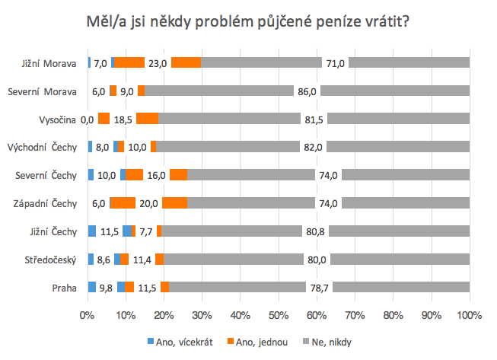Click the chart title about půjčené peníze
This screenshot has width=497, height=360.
(x=248, y=22)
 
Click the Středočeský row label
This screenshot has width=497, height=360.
(x=52, y=260)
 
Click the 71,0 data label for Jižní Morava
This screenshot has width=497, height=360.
(x=336, y=63)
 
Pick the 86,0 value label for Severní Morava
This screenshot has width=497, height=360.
(x=307, y=91)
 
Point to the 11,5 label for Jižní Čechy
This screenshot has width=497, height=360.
(x=109, y=231)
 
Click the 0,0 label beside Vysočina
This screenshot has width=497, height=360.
(x=86, y=119)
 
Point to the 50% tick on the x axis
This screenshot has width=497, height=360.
(x=279, y=314)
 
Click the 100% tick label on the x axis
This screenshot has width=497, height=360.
(x=469, y=314)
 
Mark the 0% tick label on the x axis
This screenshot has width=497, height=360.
(x=88, y=314)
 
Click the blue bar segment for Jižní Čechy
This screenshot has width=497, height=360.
(x=92, y=231)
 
